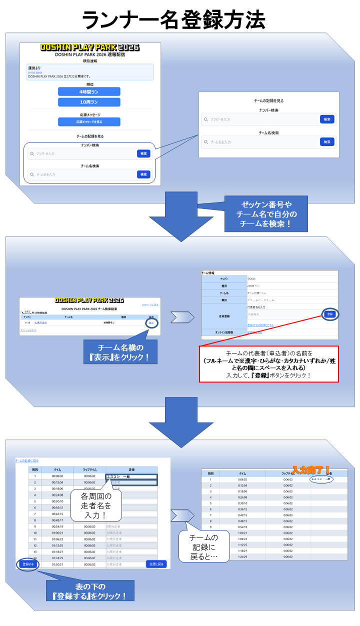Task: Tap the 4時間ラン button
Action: pos(89,91)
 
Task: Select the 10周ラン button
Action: pos(89,102)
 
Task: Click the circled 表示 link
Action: pos(151,323)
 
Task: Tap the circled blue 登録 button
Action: pos(329,314)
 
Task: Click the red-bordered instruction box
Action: pos(268,364)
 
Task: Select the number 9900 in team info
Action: pos(253,278)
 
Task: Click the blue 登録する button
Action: pos(28,564)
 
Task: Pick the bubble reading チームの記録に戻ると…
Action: pos(203,546)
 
